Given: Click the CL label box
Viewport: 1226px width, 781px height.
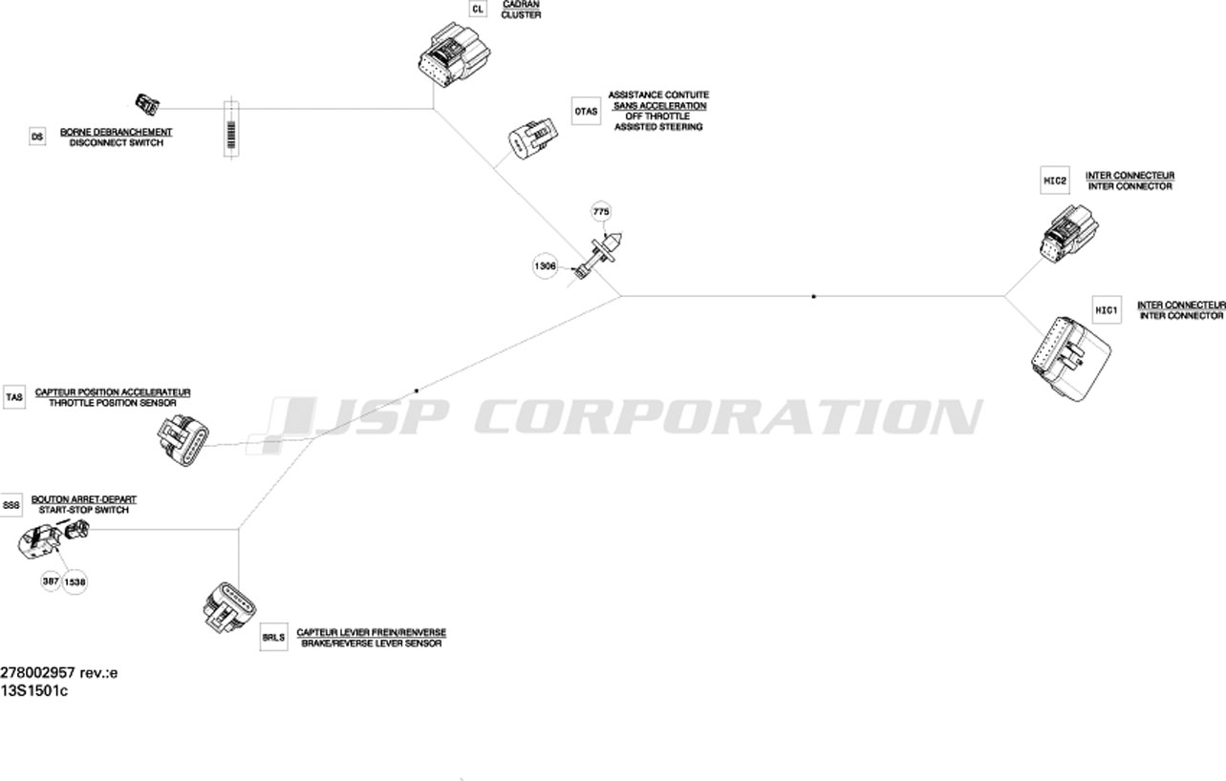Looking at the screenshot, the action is (x=478, y=9).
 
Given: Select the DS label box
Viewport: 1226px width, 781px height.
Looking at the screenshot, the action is (x=37, y=137).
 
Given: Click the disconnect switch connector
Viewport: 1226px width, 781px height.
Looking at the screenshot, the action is (x=147, y=104).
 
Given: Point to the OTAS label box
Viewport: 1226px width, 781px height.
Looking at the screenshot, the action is (x=586, y=111).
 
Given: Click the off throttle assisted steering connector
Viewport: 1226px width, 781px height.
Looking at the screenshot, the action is (x=533, y=138).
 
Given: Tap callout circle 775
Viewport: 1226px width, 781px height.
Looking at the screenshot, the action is (x=601, y=212).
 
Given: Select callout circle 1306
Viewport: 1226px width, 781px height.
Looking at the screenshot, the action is (x=545, y=266).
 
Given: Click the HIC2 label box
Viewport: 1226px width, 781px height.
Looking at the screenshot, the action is (x=1055, y=180).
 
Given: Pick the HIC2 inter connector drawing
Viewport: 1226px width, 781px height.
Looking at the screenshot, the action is (x=1069, y=234).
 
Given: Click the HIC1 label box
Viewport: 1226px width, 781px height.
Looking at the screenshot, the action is (x=1107, y=310).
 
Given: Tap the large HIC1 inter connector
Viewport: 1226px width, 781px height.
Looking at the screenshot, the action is (x=1070, y=359).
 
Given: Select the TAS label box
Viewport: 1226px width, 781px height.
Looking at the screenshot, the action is (x=14, y=397).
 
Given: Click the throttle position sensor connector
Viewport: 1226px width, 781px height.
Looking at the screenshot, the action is (x=183, y=441).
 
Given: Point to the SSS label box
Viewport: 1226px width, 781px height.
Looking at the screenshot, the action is (x=11, y=505).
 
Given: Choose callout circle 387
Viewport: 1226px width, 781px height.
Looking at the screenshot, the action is (x=51, y=580).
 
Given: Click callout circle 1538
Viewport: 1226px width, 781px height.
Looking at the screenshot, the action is (x=75, y=581).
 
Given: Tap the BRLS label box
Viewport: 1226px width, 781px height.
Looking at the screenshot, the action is (x=273, y=637).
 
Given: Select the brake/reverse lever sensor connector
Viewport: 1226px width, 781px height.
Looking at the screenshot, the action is (x=229, y=607).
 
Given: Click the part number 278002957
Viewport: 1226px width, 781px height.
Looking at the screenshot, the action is (x=37, y=673).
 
